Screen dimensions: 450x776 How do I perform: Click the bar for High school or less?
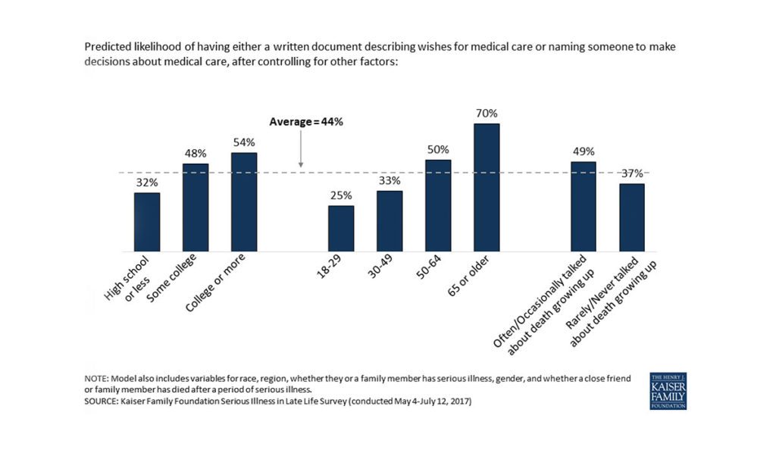[147, 222]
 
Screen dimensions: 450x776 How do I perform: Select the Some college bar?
[196, 208]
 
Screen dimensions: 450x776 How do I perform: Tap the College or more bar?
[244, 202]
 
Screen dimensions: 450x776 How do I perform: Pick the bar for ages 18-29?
[341, 228]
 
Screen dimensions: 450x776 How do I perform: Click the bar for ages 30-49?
[390, 220]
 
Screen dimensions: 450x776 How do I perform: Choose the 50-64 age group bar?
[438, 205]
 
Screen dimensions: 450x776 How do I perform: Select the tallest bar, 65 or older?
[487, 187]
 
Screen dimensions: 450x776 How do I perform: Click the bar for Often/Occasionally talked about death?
[584, 206]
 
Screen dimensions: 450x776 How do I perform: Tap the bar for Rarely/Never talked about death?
[632, 217]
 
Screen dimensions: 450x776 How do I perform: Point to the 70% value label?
[487, 114]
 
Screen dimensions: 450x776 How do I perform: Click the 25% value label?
[341, 195]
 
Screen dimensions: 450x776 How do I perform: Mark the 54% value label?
[244, 142]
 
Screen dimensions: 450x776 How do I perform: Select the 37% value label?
[632, 173]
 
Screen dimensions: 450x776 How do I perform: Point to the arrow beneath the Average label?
[301, 148]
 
